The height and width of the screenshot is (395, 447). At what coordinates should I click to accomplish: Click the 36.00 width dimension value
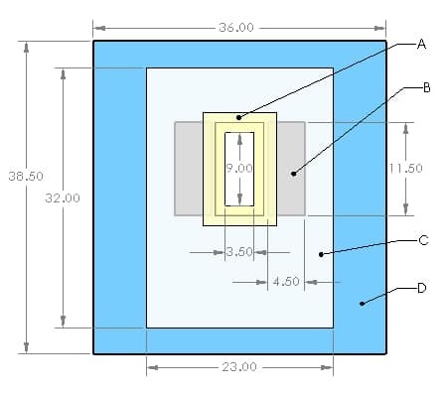coord(236,28)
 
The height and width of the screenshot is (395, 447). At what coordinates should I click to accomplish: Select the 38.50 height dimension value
coord(26,176)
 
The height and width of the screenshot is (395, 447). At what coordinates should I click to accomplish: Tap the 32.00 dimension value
coord(63,198)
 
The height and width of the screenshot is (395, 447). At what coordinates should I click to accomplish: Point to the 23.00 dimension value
coord(239,367)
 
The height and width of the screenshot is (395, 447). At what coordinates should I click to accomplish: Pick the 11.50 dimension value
coord(406,169)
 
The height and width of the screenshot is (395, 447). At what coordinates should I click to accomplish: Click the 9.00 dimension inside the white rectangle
coord(239,169)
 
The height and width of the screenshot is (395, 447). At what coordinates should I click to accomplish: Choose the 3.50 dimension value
coord(239,252)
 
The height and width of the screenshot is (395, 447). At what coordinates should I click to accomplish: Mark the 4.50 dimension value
coord(286,282)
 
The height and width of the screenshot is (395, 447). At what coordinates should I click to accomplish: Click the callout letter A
coord(421,44)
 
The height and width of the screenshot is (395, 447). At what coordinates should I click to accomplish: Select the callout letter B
coord(427,87)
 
